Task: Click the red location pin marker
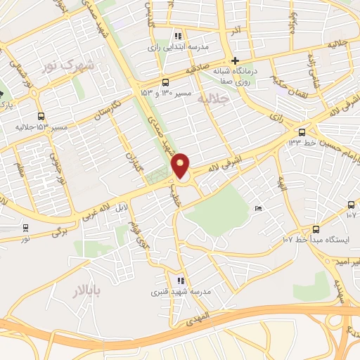(x=181, y=166)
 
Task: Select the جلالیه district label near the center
(x=215, y=101)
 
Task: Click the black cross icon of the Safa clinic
(x=236, y=60)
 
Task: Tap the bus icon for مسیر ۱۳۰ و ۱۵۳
(x=165, y=82)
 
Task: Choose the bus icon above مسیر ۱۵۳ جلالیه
(x=41, y=116)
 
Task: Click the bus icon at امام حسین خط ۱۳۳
(x=302, y=131)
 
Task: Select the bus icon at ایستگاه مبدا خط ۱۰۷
(x=315, y=229)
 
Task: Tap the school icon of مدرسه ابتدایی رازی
(x=178, y=36)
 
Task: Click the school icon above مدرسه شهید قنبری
(x=181, y=280)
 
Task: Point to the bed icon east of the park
(x=258, y=209)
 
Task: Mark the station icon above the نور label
(x=26, y=228)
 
